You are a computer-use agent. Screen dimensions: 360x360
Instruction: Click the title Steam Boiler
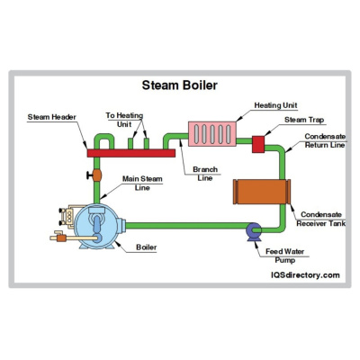(181, 86)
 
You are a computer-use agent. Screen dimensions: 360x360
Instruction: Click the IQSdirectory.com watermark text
(305, 274)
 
